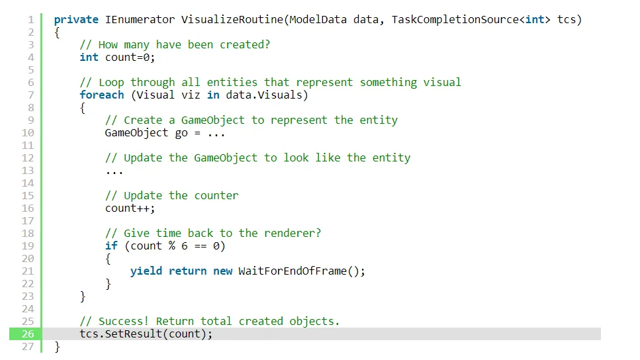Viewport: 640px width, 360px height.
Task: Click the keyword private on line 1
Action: [x=76, y=20]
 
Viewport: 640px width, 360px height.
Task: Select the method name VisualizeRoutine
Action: [x=232, y=20]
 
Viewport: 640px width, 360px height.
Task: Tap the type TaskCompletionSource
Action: [x=455, y=20]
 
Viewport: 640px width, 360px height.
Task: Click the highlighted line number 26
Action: [x=28, y=334]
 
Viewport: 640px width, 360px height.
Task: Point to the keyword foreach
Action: [x=102, y=95]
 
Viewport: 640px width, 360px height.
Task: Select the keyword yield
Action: [x=146, y=271]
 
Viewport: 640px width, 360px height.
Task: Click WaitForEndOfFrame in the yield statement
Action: [x=293, y=271]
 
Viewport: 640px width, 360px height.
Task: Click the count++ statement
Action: [x=130, y=208]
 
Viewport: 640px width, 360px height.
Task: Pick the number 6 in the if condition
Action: [x=185, y=246]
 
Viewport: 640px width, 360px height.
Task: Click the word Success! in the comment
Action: [x=124, y=321]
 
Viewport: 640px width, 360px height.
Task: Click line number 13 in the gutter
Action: [x=28, y=170]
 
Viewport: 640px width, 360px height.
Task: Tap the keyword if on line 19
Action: [x=111, y=246]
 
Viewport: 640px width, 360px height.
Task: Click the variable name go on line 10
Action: [x=181, y=133]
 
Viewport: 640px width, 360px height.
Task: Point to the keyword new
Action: [x=222, y=271]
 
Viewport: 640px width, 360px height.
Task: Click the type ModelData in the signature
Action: [x=318, y=20]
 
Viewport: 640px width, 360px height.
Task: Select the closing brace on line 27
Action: [x=57, y=347]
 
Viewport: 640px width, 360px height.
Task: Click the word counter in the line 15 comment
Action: [x=216, y=195]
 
